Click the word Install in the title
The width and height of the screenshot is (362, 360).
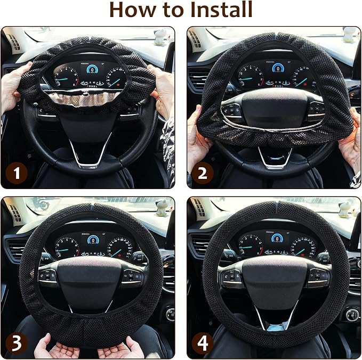tap(221, 10)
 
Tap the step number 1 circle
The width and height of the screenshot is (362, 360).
tap(17, 173)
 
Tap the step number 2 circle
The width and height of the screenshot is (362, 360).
tap(203, 173)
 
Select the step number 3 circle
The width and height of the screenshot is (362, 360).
tap(17, 343)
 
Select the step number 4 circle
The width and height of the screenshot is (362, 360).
tap(203, 343)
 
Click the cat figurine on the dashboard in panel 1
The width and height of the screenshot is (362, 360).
tap(160, 36)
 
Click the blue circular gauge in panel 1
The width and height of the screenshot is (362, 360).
tap(92, 69)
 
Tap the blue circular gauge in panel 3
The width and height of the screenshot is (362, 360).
tap(93, 240)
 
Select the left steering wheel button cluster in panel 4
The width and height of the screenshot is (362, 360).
tap(231, 277)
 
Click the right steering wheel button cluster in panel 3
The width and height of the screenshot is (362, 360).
tap(132, 277)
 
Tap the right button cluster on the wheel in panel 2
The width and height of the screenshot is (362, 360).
tap(316, 111)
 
